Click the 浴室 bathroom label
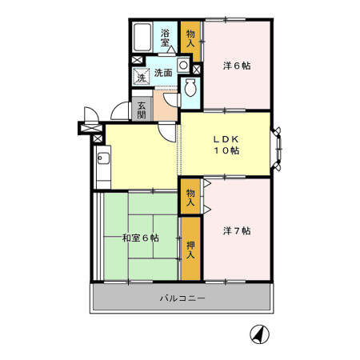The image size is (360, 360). [166, 38]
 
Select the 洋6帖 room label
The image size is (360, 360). [237, 66]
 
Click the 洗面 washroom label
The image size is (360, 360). [163, 73]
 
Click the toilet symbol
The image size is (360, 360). [191, 90]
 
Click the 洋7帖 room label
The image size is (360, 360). [237, 231]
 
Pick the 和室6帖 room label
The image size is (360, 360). [140, 238]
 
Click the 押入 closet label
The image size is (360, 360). [190, 250]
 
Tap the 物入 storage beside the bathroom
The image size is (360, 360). [190, 38]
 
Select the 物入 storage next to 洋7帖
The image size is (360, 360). [190, 197]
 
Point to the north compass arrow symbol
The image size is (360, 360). [259, 334]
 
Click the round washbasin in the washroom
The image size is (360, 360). [184, 64]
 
